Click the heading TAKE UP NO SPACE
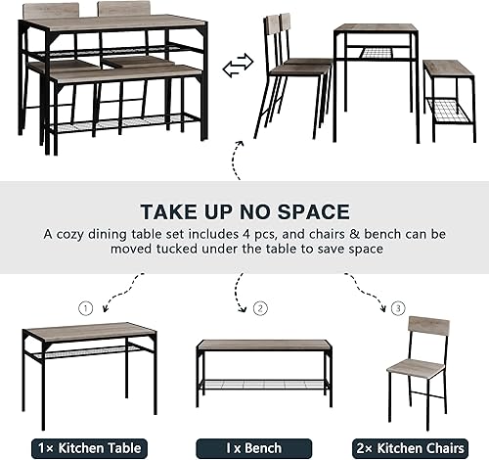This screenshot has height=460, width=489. [x=244, y=211]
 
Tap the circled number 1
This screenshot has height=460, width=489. [x=86, y=308]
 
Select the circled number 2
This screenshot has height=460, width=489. [x=260, y=308]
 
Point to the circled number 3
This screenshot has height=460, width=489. [x=397, y=308]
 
